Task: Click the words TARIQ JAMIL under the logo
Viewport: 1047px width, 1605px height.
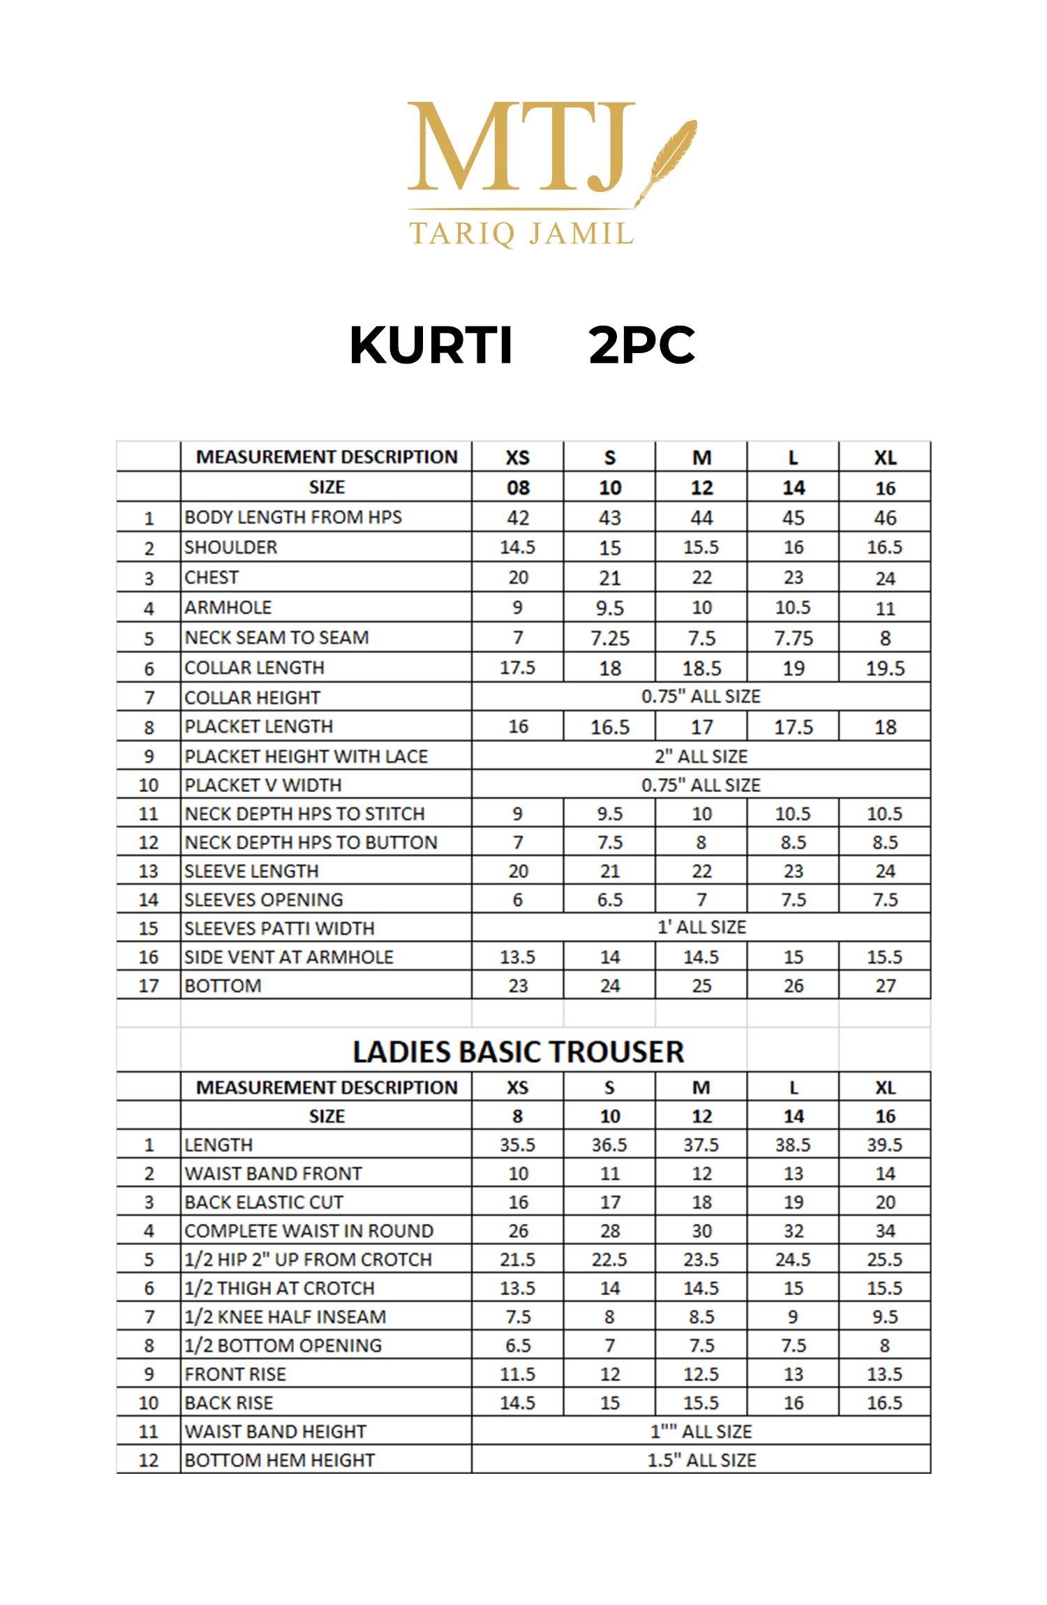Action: [521, 234]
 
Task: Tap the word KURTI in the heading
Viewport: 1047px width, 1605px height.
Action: [431, 345]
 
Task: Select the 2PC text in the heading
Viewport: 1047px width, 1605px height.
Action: [641, 345]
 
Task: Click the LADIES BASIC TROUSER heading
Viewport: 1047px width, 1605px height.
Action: [518, 1052]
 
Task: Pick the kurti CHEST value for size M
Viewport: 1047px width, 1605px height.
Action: [701, 578]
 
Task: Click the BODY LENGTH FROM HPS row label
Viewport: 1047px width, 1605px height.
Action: [293, 517]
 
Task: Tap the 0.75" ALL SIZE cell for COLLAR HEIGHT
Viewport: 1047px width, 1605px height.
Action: [701, 696]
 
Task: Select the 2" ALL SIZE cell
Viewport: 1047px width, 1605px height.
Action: [701, 756]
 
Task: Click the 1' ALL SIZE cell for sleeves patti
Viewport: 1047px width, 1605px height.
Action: [701, 927]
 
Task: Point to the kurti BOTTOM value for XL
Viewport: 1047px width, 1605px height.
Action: [885, 986]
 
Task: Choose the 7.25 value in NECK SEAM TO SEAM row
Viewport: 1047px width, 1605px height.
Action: [609, 638]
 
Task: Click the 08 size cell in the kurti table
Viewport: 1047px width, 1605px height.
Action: [518, 488]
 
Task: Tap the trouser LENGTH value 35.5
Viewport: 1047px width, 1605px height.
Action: [518, 1145]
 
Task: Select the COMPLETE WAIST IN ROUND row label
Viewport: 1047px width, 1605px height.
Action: [309, 1231]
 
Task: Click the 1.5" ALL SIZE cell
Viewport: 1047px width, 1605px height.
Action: [701, 1460]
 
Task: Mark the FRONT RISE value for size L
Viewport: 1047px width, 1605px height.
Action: [793, 1374]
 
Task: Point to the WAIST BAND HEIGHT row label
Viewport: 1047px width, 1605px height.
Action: [276, 1431]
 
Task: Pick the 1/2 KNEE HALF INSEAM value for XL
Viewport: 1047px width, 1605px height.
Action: [885, 1317]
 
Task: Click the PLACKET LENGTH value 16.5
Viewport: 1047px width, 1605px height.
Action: [609, 727]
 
